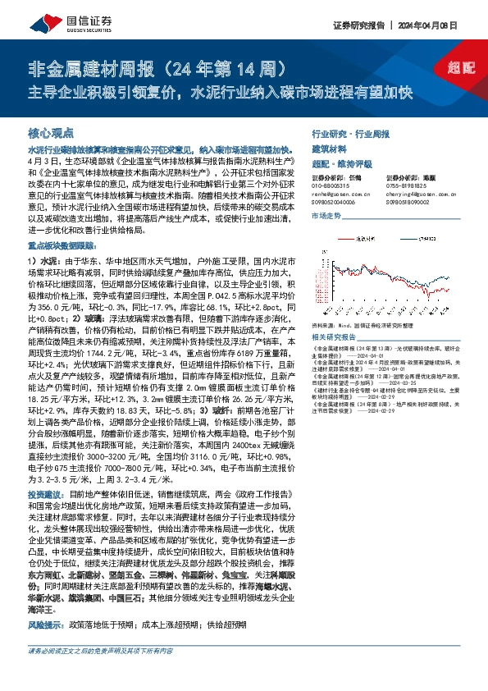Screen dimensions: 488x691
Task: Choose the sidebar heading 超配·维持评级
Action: point(342,163)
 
